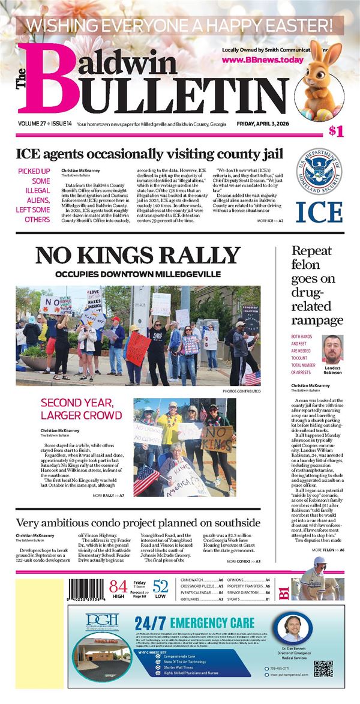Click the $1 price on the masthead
coord(335,132)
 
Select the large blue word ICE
coord(320,211)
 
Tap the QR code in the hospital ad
coord(323,664)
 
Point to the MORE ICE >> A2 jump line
coord(270,221)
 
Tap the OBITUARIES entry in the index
coord(194,599)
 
